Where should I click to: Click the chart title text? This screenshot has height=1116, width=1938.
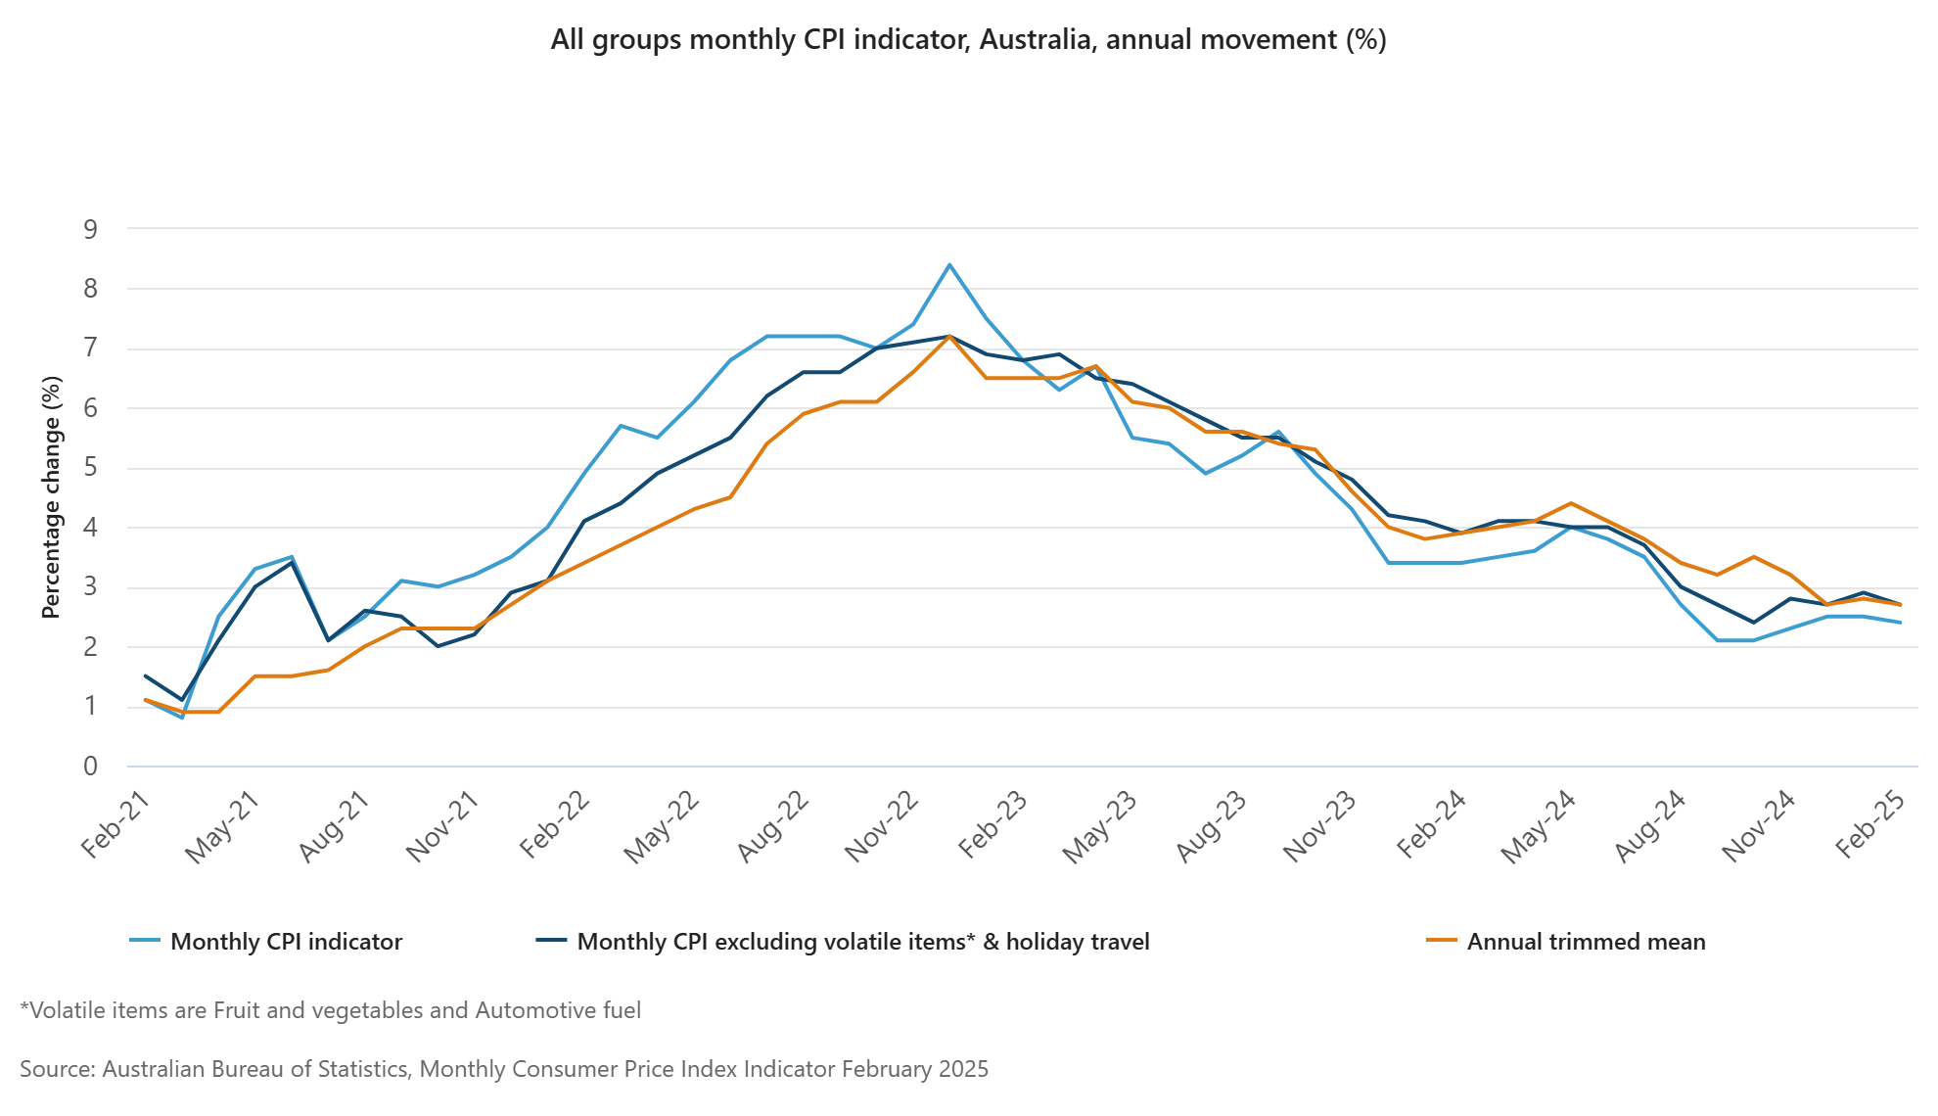click(968, 40)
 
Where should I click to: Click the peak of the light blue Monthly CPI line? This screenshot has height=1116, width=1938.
click(949, 265)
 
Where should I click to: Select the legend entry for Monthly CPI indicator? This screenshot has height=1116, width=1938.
click(286, 942)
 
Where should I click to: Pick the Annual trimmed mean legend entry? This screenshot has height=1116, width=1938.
click(1585, 942)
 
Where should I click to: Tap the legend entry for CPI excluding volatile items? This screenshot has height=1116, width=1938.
click(862, 942)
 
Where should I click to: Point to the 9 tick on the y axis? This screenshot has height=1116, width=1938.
click(91, 230)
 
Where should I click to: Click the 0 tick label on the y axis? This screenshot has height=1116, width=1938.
click(91, 767)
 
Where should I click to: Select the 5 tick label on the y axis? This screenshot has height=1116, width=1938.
click(91, 468)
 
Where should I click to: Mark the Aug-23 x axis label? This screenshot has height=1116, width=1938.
click(1212, 827)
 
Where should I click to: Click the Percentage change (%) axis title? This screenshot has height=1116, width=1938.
click(51, 497)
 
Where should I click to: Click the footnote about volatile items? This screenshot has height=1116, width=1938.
click(331, 1010)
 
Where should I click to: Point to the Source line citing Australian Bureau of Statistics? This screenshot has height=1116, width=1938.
click(504, 1069)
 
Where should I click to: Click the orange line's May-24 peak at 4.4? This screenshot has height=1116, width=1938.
click(1571, 503)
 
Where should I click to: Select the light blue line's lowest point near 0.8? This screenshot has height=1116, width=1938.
click(182, 718)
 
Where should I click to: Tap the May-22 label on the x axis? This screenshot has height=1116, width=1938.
click(664, 827)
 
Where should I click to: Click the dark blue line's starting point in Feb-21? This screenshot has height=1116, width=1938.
click(146, 675)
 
